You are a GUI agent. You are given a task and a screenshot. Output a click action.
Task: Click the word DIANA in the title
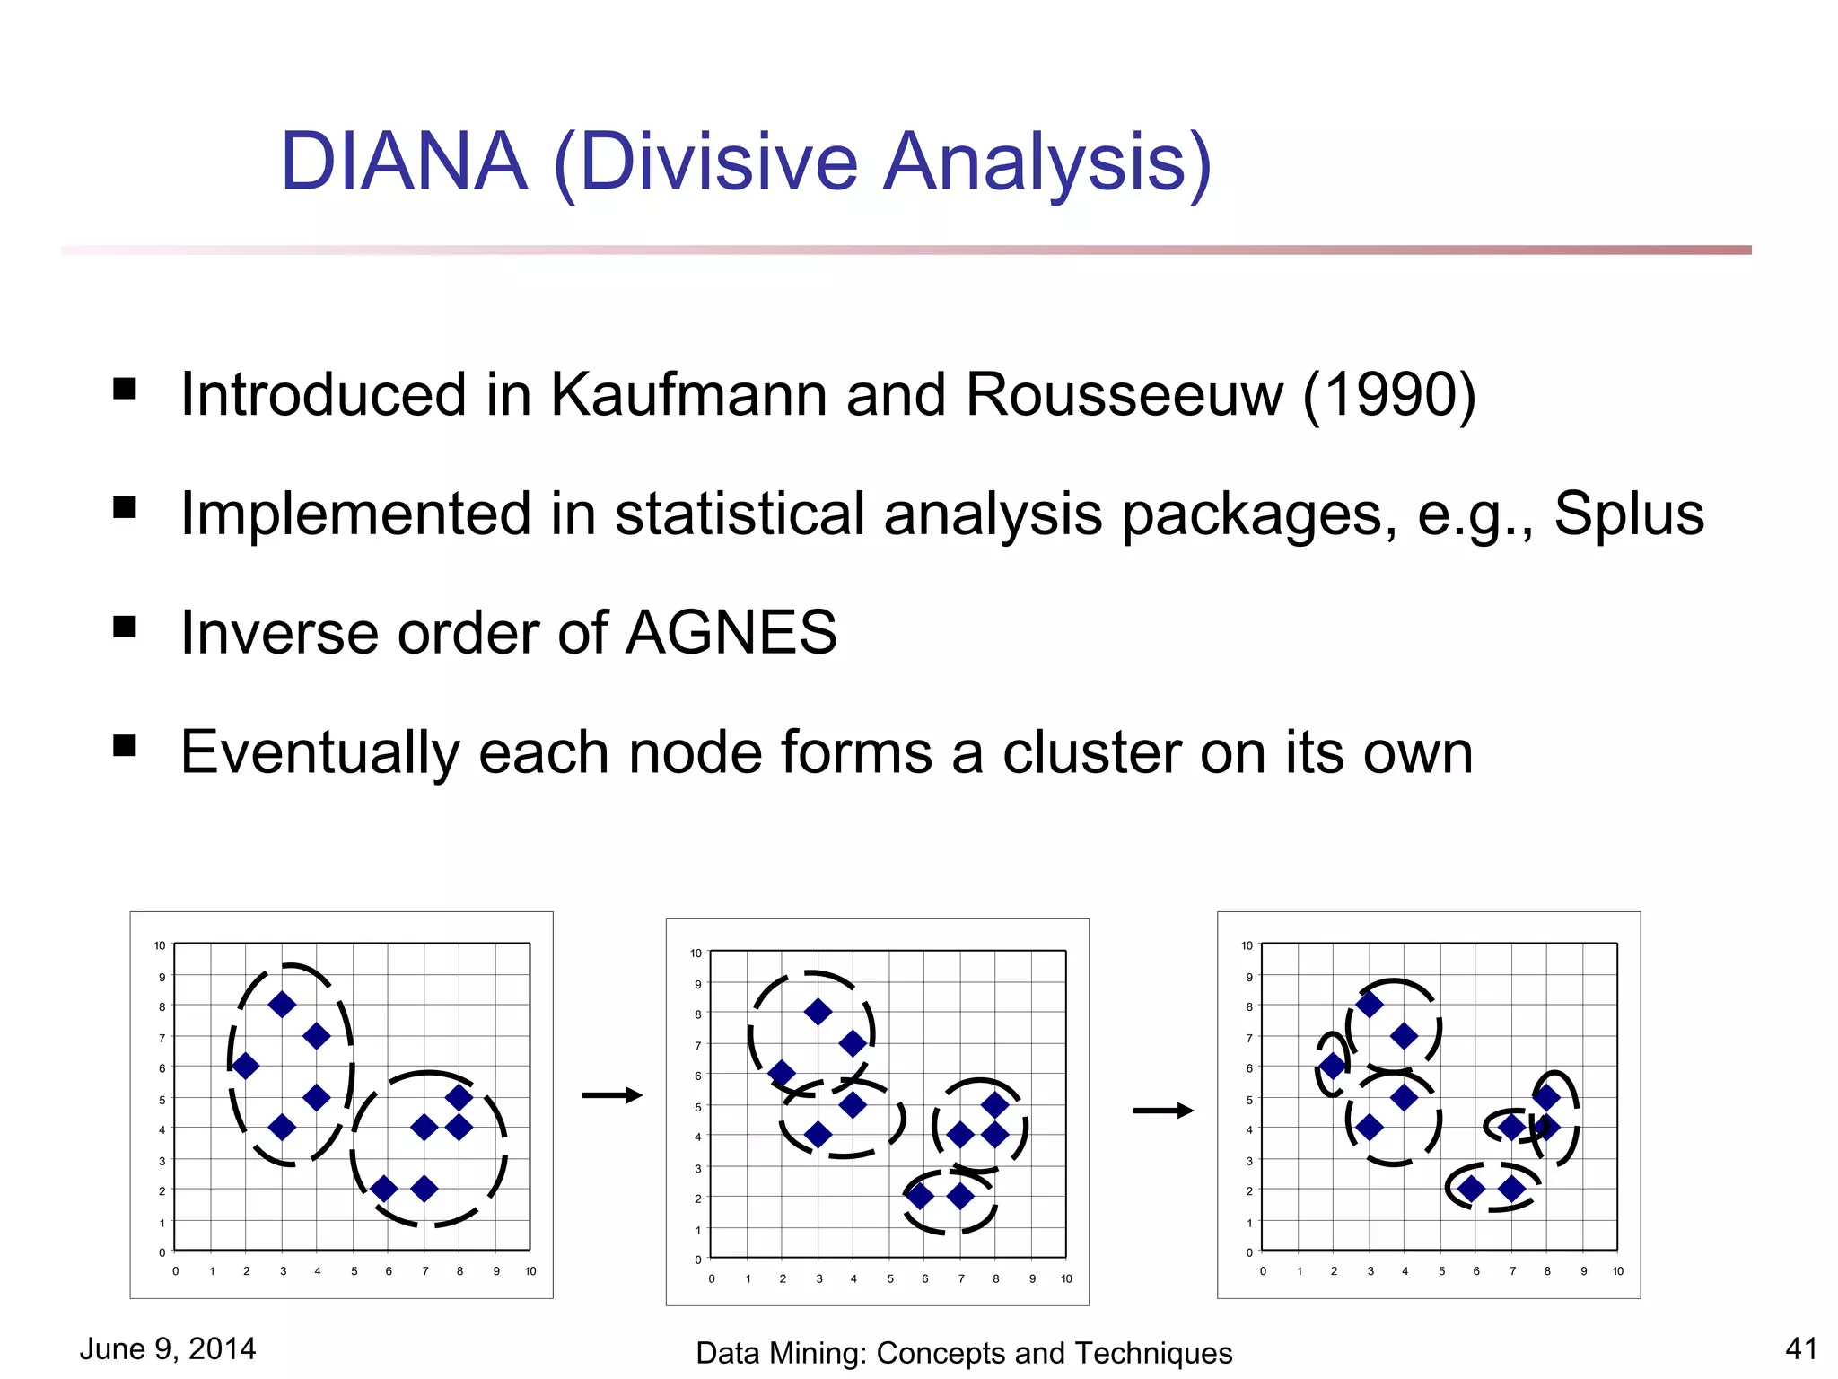click(x=404, y=162)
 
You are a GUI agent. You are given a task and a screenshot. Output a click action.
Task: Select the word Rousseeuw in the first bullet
click(x=1124, y=394)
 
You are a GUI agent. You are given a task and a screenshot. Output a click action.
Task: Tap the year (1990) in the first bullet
click(x=1388, y=394)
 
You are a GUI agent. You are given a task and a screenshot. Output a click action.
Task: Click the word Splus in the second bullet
click(x=1628, y=514)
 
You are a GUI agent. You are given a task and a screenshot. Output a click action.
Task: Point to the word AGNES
click(x=731, y=633)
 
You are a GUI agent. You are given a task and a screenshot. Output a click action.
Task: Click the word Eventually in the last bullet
click(x=319, y=752)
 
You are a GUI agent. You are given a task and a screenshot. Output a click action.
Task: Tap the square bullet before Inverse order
click(x=125, y=627)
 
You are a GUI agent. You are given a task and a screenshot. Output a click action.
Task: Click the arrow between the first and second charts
click(x=612, y=1094)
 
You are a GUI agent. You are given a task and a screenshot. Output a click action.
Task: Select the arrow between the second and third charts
click(x=1163, y=1111)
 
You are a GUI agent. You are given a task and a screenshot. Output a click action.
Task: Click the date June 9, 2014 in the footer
click(x=168, y=1348)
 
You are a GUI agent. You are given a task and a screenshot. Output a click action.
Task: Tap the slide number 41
click(x=1801, y=1348)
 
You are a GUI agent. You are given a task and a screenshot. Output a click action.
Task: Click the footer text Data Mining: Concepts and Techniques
click(x=964, y=1353)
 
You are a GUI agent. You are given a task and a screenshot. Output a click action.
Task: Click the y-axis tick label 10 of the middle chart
click(x=696, y=953)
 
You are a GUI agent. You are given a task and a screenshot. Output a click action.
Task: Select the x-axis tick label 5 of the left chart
click(x=354, y=1271)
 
